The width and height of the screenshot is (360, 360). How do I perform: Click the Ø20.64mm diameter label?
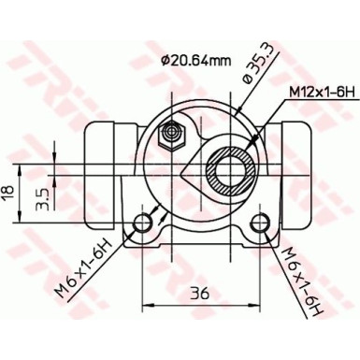pos(195,62)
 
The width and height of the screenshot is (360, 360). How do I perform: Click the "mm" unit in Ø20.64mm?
pos(221,62)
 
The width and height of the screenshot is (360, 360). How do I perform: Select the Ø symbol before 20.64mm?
pos(166,62)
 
